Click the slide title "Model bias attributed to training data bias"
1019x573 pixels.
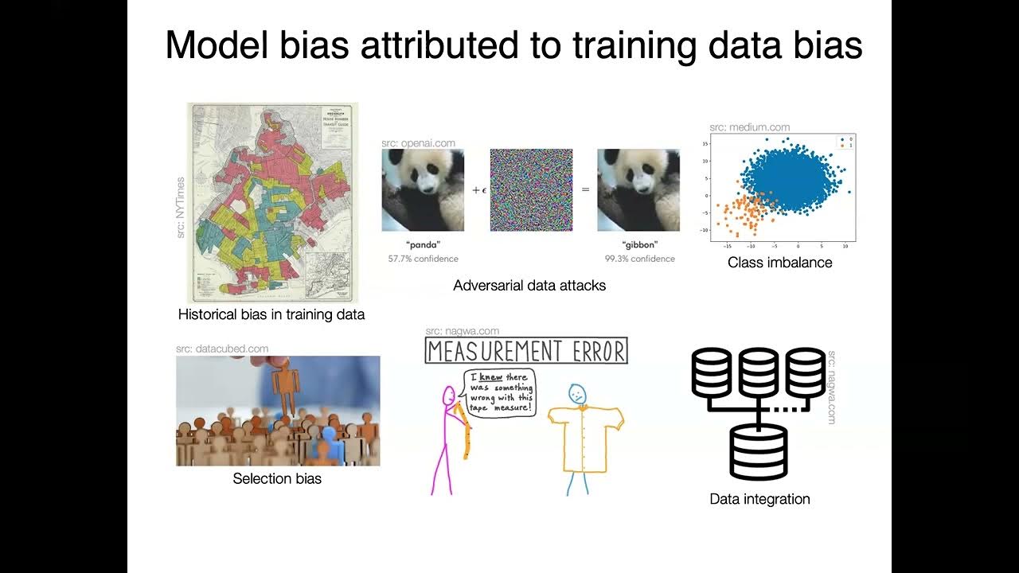point(513,45)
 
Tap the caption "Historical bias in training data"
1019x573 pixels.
point(271,314)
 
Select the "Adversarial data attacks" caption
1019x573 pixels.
point(529,285)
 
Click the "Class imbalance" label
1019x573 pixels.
point(779,263)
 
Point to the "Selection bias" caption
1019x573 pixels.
point(277,479)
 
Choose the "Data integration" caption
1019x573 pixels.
point(759,499)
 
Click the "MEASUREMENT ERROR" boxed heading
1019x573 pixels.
point(526,351)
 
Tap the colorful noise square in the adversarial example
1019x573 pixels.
point(531,190)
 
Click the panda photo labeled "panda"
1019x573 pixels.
point(423,190)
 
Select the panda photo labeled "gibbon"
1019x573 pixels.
point(638,190)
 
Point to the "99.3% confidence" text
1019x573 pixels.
point(639,259)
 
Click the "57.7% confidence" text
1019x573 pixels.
point(423,259)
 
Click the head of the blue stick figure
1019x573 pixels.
point(577,393)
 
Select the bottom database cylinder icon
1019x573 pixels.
point(758,451)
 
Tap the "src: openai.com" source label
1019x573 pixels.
point(418,143)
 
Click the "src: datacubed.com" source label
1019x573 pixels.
point(222,349)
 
